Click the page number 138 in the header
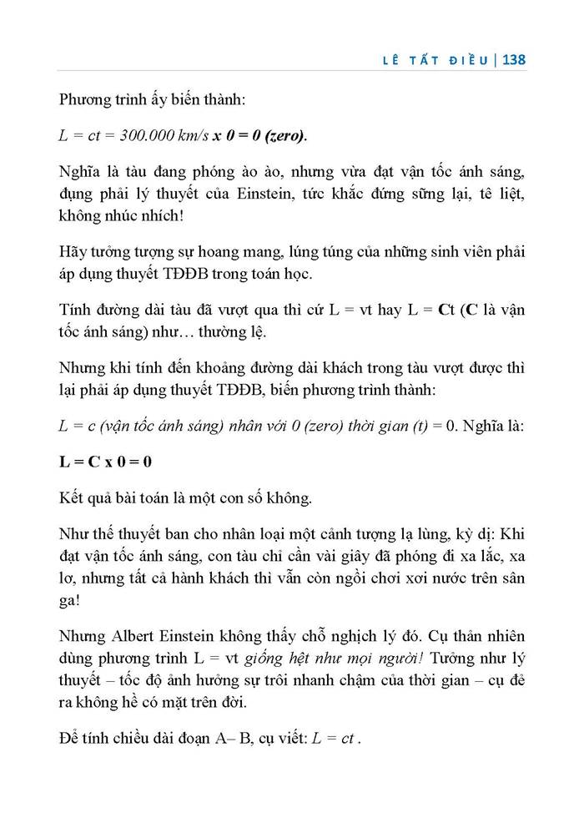click(511, 60)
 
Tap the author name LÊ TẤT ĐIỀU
click(434, 60)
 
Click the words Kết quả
click(86, 498)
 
